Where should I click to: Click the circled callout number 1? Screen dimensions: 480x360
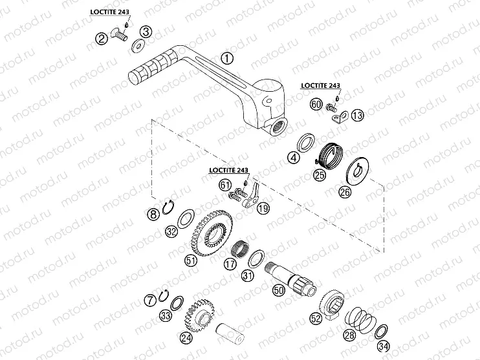(227, 58)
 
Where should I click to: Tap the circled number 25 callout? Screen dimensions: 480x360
(320, 175)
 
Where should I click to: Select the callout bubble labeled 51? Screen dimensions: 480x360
(191, 260)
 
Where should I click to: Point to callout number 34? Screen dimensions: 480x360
(383, 346)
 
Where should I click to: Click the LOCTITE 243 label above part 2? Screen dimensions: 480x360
(109, 12)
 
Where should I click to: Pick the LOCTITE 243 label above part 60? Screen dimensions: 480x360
(320, 86)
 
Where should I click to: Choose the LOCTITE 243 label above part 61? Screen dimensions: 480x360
(228, 170)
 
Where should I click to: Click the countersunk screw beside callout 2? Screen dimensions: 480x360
(120, 34)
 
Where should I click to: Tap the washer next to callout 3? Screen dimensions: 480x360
(138, 46)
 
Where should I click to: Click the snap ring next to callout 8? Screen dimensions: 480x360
(168, 207)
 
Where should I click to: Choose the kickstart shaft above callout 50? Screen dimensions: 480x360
(290, 279)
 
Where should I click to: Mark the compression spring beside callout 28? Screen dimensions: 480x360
(360, 319)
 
